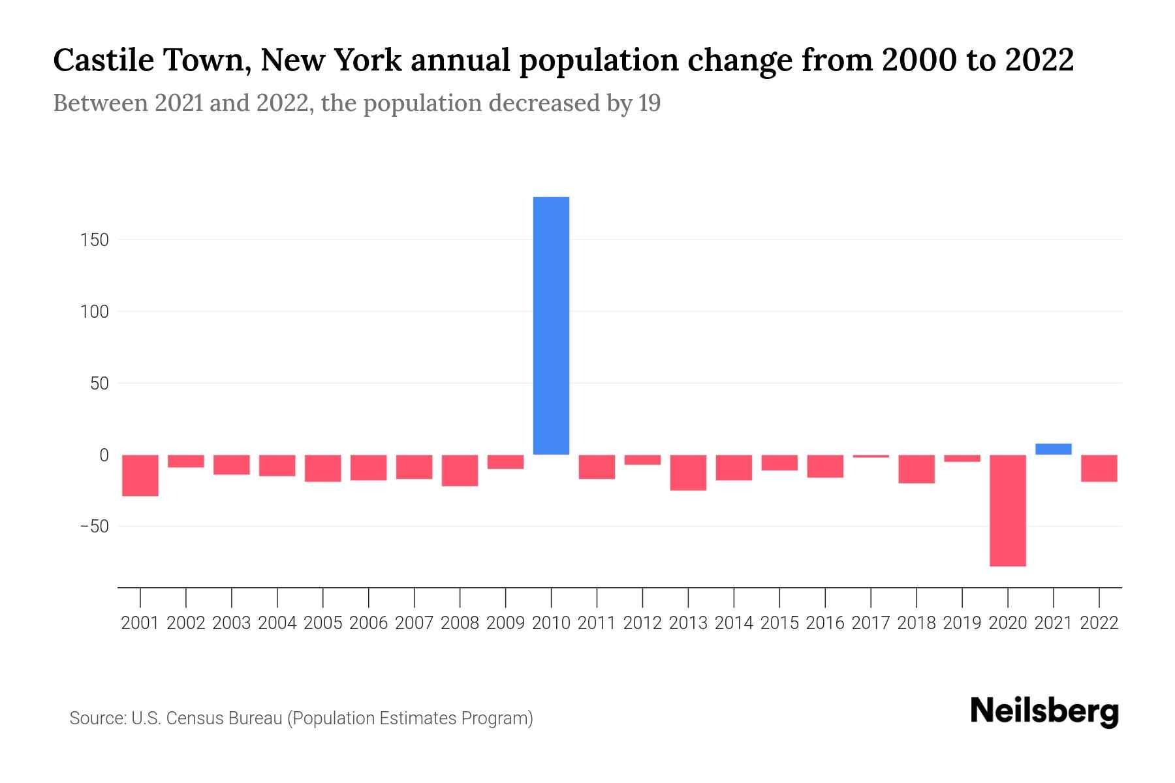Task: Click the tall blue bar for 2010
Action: pyautogui.click(x=551, y=325)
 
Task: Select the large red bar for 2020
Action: pyautogui.click(x=1007, y=510)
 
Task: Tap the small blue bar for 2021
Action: pyautogui.click(x=1053, y=449)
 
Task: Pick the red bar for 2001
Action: pyautogui.click(x=140, y=475)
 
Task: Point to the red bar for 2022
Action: pyautogui.click(x=1099, y=468)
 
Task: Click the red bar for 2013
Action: pyautogui.click(x=688, y=472)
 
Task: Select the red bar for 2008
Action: pyautogui.click(x=460, y=470)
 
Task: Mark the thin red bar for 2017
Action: pyautogui.click(x=870, y=456)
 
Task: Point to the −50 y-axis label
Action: pyautogui.click(x=93, y=527)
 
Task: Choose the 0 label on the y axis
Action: pyautogui.click(x=103, y=455)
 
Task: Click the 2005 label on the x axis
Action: pyautogui.click(x=322, y=623)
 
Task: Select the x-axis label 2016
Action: pyautogui.click(x=824, y=623)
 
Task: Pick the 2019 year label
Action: pyautogui.click(x=962, y=623)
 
